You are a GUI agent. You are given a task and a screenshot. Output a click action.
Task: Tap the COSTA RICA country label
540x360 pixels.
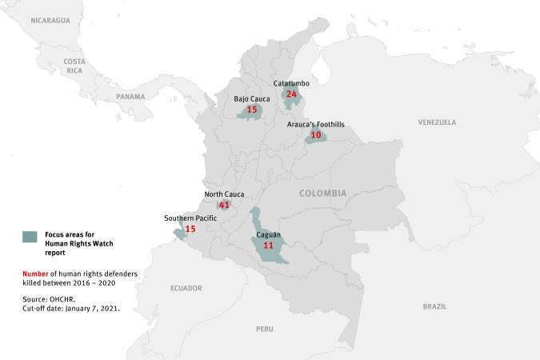(74, 66)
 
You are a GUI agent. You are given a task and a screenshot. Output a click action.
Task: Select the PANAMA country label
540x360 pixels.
(130, 97)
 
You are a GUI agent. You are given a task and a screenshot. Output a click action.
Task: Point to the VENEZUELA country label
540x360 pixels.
(437, 122)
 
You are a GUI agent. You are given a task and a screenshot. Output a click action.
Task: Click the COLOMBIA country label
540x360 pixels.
(323, 194)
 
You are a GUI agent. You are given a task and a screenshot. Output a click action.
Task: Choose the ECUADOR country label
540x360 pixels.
(186, 288)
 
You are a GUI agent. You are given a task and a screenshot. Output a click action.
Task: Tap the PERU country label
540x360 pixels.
(265, 329)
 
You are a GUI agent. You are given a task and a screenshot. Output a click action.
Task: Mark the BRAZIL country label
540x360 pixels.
(434, 306)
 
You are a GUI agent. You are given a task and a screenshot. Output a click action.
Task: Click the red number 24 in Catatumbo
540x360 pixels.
(292, 94)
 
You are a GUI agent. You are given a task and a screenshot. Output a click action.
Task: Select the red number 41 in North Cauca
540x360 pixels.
(224, 205)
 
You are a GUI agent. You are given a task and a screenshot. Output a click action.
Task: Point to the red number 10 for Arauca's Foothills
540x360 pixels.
(316, 135)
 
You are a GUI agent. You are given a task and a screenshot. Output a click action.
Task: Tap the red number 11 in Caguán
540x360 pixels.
(268, 246)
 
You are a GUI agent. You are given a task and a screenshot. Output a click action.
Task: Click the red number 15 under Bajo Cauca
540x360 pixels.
(252, 110)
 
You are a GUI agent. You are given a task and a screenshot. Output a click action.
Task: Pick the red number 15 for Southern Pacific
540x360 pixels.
(190, 229)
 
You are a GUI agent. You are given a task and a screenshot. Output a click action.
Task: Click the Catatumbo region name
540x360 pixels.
(290, 83)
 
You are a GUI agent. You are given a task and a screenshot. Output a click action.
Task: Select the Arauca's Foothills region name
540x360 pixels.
(316, 125)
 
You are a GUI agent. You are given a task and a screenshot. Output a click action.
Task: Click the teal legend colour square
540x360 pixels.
(30, 236)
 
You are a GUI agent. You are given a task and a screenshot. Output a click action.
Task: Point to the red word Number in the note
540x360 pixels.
(36, 274)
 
